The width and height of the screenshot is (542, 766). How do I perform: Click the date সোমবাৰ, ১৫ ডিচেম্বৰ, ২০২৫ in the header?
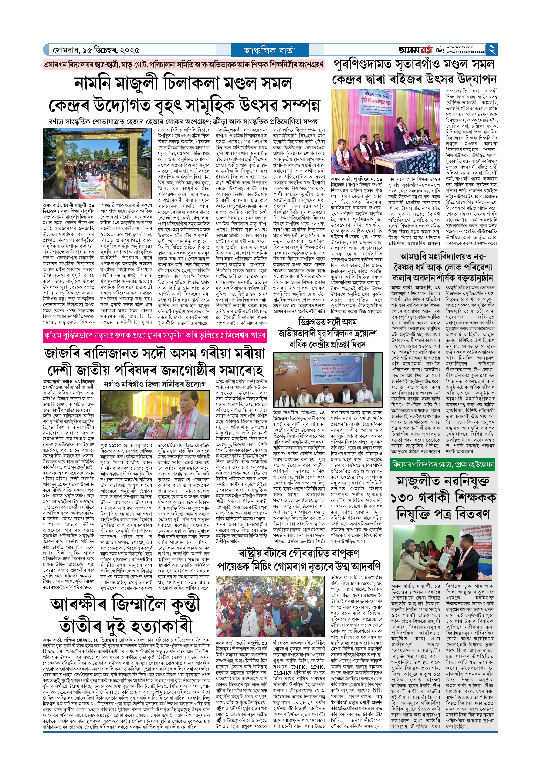click(x=96, y=50)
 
